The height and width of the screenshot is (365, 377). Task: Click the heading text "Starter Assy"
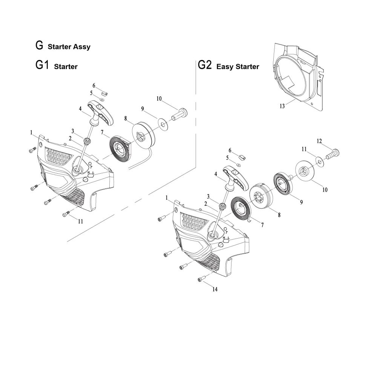[x=69, y=47]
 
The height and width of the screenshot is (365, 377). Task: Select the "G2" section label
[x=205, y=66]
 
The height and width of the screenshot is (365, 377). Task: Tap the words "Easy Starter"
[x=238, y=67]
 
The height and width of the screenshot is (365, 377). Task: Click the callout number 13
[x=282, y=106]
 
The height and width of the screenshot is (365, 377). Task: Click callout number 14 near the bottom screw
[x=215, y=290]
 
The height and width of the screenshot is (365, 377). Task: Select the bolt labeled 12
[x=333, y=153]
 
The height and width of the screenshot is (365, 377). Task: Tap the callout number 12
[x=319, y=141]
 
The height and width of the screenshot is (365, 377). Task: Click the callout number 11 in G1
[x=80, y=222]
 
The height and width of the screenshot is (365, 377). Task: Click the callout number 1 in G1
[x=31, y=132]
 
